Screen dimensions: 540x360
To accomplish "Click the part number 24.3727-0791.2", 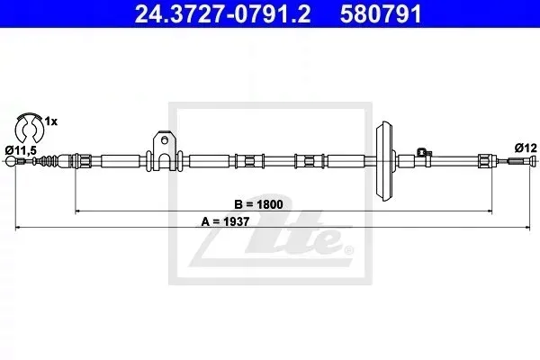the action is [x=222, y=14].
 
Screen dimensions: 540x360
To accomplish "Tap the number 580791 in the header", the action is [x=381, y=14].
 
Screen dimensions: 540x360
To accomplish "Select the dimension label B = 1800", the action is [x=258, y=204].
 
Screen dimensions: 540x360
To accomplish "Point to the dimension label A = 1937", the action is [x=225, y=221].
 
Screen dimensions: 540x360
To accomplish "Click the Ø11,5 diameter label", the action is [x=21, y=150].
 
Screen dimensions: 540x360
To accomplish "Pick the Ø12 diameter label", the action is [x=526, y=148].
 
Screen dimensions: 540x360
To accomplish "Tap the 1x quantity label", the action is [x=51, y=121].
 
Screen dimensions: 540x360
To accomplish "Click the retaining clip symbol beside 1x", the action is [x=28, y=127].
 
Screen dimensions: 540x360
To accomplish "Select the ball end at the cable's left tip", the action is [x=11, y=161].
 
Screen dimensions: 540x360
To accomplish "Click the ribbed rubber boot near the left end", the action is [x=47, y=161].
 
